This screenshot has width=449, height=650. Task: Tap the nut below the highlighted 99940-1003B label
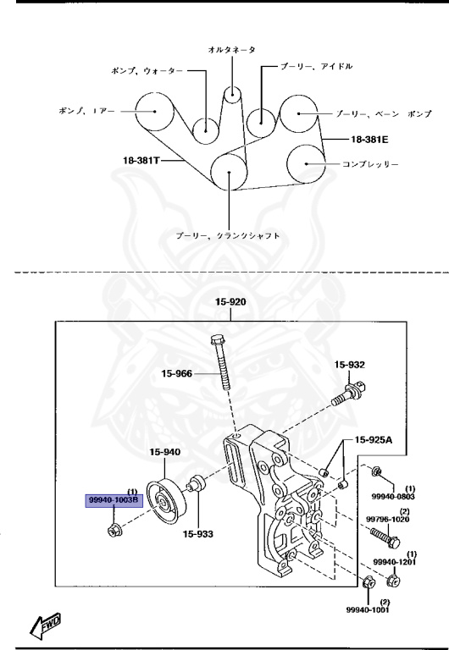click(x=114, y=531)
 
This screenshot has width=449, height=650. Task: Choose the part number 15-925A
click(x=374, y=441)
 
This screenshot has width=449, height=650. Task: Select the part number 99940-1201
click(x=394, y=561)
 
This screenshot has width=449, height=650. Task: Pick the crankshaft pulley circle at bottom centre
click(x=229, y=173)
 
